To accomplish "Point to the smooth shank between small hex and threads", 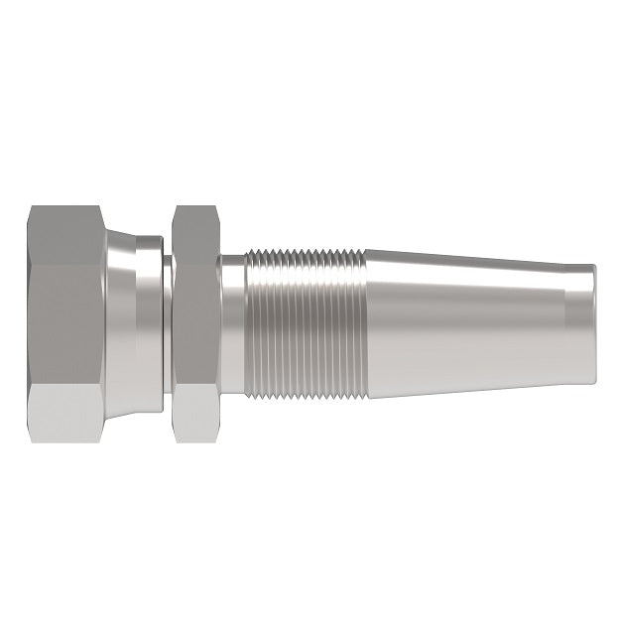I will (x=230, y=322).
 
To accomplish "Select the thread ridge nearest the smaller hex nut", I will (x=247, y=322).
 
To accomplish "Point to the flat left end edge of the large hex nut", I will (x=31, y=322).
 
